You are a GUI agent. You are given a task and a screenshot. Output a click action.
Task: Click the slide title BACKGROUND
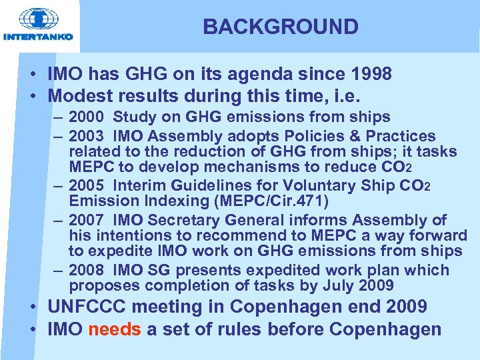pyautogui.click(x=281, y=27)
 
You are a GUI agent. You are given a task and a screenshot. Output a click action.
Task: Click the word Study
pyautogui.click(x=134, y=117)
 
